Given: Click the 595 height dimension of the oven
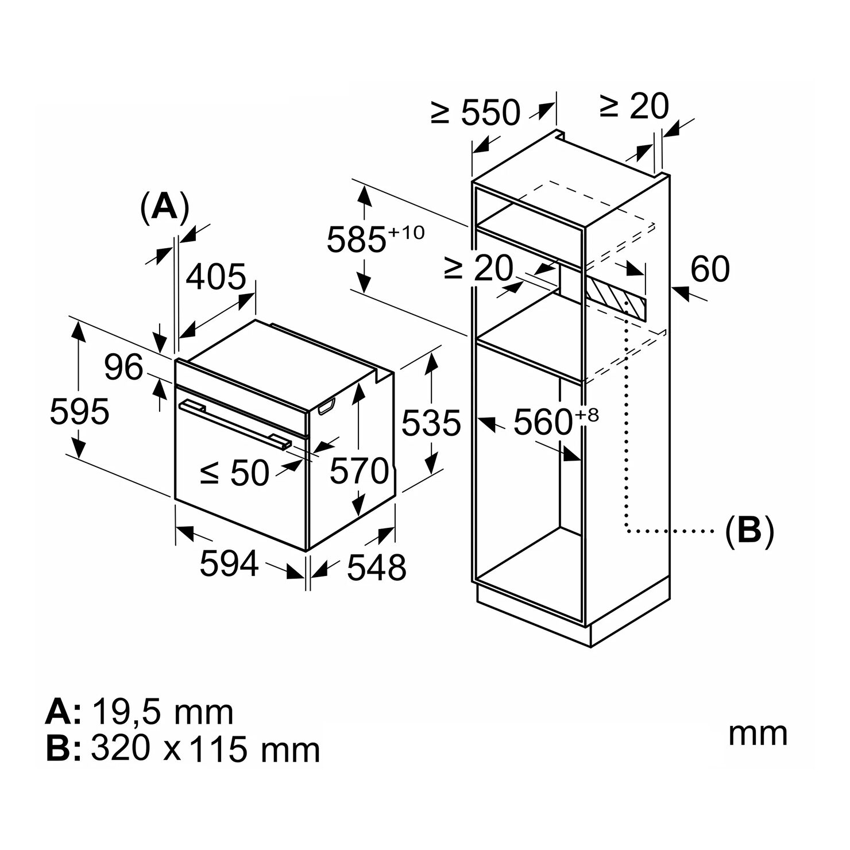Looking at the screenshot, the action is (79, 411).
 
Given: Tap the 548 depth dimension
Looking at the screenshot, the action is (377, 567).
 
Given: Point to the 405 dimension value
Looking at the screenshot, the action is (217, 277).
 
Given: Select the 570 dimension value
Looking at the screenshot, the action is (360, 471).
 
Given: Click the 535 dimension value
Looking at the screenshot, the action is (431, 423).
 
